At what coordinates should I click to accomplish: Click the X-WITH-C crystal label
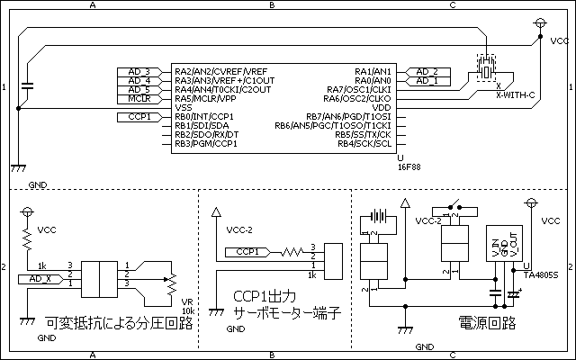click(516, 94)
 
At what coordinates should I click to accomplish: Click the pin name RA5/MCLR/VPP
click(205, 98)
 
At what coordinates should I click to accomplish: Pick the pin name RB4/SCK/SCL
click(364, 143)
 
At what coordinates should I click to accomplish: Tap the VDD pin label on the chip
click(382, 107)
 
